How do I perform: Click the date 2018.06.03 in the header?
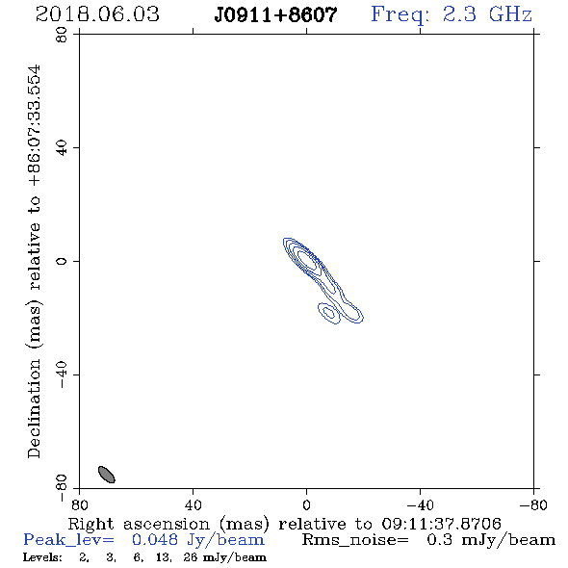pyautogui.click(x=97, y=14)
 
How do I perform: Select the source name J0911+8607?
pyautogui.click(x=275, y=15)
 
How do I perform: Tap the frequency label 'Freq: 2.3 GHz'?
pyautogui.click(x=452, y=14)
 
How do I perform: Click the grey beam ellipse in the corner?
pyautogui.click(x=107, y=475)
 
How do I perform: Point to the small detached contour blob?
pyautogui.click(x=329, y=313)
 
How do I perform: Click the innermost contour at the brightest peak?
pyautogui.click(x=306, y=260)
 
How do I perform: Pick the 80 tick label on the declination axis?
pyautogui.click(x=62, y=35)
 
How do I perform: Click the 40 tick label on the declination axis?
pyautogui.click(x=62, y=148)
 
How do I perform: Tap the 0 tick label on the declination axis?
pyautogui.click(x=62, y=261)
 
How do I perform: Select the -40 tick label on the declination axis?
pyautogui.click(x=62, y=374)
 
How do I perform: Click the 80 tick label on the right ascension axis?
pyautogui.click(x=79, y=505)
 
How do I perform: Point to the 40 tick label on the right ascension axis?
pyautogui.click(x=193, y=505)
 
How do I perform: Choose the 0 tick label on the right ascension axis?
pyautogui.click(x=306, y=505)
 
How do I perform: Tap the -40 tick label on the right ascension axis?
pyautogui.click(x=420, y=505)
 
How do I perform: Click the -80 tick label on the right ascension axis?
pyautogui.click(x=533, y=505)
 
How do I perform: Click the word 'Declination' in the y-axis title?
pyautogui.click(x=34, y=408)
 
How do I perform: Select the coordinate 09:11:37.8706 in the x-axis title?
pyautogui.click(x=441, y=524)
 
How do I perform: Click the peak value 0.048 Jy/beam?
pyautogui.click(x=198, y=540)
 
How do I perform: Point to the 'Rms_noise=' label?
pyautogui.click(x=355, y=540)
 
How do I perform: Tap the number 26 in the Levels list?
pyautogui.click(x=191, y=557)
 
